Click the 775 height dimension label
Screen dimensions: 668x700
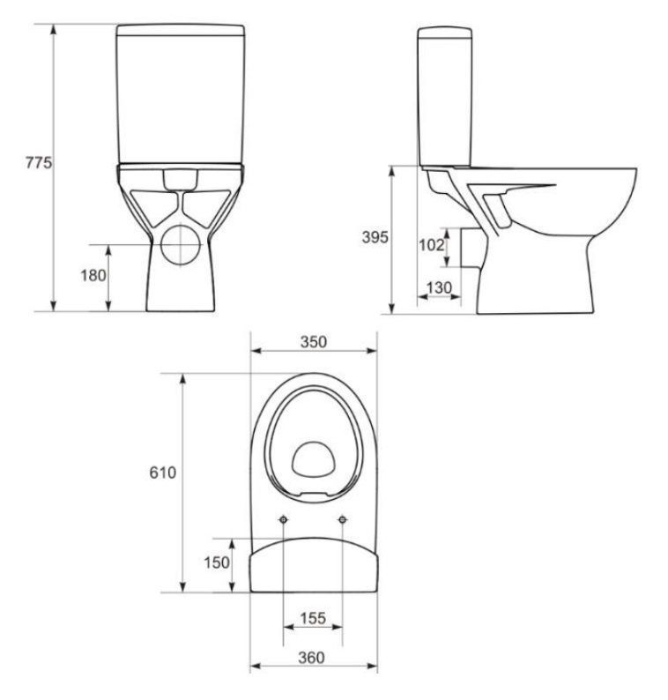coord(39,162)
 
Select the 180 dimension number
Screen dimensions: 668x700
coord(93,275)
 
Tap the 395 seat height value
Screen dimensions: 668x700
coord(375,237)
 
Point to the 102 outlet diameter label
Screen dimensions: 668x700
coord(432,244)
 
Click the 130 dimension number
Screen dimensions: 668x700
coord(439,288)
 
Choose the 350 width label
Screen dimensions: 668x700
coord(314,341)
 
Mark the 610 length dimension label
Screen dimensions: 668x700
coord(163,472)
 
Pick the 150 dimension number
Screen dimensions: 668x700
coord(217,562)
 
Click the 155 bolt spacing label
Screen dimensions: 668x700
coord(313,618)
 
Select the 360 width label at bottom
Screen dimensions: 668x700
coord(311,657)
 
